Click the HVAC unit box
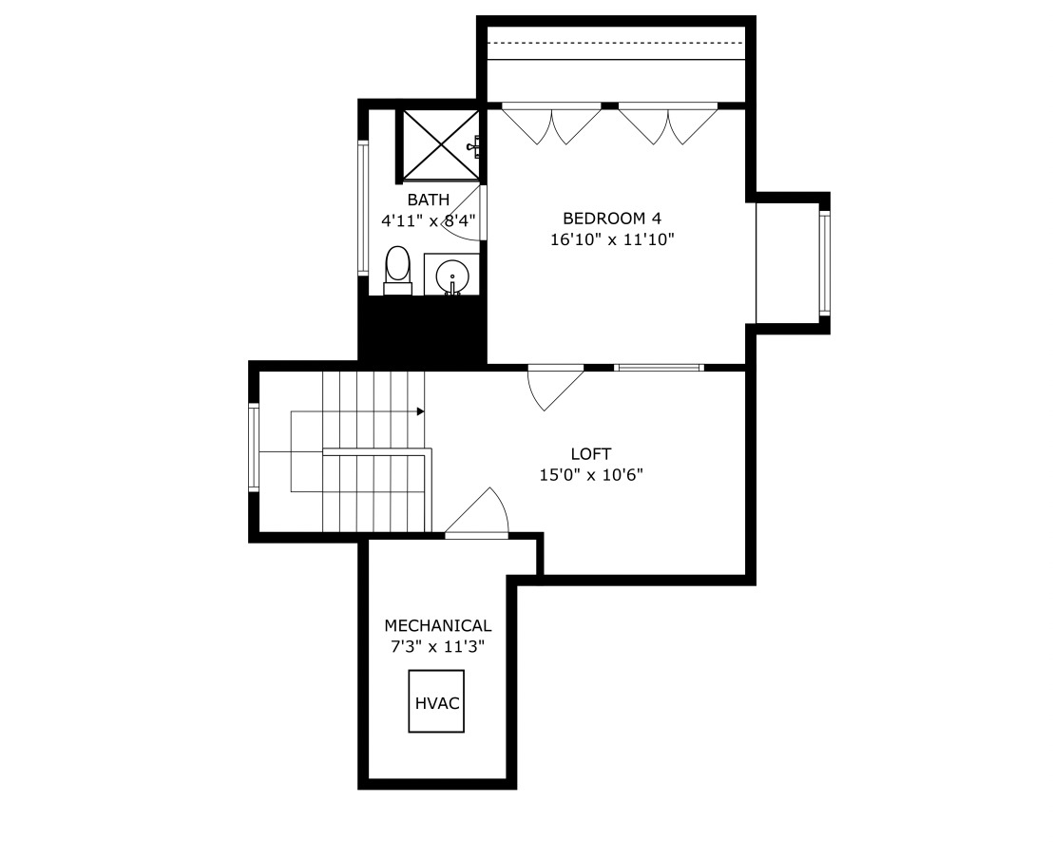tap(436, 701)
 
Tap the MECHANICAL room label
tap(437, 625)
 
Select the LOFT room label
tap(590, 454)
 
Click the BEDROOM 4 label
tap(611, 218)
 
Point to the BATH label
tap(428, 200)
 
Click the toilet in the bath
tap(397, 270)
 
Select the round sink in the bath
tap(452, 277)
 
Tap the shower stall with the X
tap(439, 144)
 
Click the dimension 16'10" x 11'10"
tap(611, 239)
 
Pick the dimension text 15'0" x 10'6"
tap(590, 475)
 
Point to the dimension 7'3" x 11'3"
tap(437, 646)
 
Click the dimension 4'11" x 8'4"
tap(428, 220)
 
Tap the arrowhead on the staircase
tap(420, 411)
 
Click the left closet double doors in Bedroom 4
tap(552, 124)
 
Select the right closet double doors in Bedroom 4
tap(668, 124)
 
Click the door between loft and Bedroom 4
tap(556, 386)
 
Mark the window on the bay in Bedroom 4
tap(825, 263)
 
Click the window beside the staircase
tap(254, 447)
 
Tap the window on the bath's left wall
tap(362, 208)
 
